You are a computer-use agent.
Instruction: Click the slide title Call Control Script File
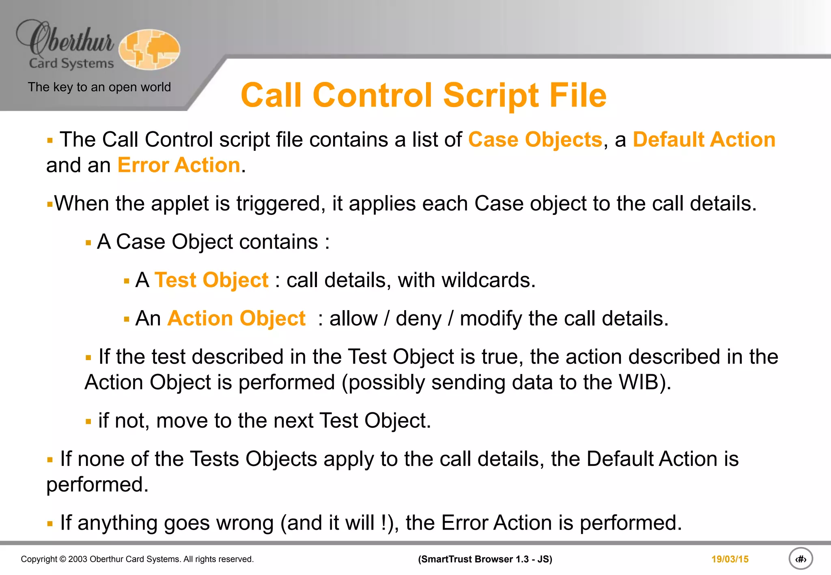pyautogui.click(x=423, y=95)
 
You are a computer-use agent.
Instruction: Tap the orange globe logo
pyautogui.click(x=149, y=49)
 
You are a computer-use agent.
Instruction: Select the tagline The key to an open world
pyautogui.click(x=99, y=87)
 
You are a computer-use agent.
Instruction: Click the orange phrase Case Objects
pyautogui.click(x=535, y=140)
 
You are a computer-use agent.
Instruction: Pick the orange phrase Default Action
pyautogui.click(x=704, y=140)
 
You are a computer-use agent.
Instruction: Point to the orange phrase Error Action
pyautogui.click(x=179, y=165)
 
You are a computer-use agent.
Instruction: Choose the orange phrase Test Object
pyautogui.click(x=211, y=280)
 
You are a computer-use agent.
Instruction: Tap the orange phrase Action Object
pyautogui.click(x=237, y=318)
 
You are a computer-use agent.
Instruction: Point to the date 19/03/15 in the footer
pyautogui.click(x=730, y=559)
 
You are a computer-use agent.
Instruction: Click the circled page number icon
pyautogui.click(x=801, y=559)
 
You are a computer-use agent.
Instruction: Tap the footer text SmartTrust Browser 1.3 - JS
pyautogui.click(x=485, y=559)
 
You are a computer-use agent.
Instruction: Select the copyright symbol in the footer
pyautogui.click(x=62, y=559)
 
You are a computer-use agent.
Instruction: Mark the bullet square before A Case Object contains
pyautogui.click(x=88, y=243)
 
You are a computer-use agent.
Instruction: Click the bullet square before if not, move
pyautogui.click(x=88, y=422)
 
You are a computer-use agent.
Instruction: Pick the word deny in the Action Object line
pyautogui.click(x=418, y=319)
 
